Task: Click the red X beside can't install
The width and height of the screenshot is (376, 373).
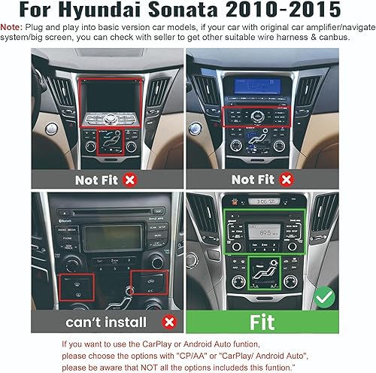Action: [x=169, y=322]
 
